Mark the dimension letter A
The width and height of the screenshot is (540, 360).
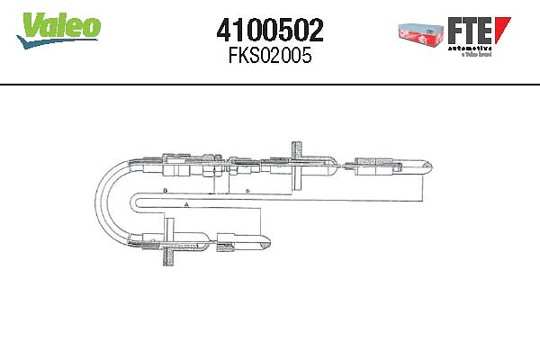[184, 206]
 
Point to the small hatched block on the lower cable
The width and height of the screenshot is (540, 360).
[222, 240]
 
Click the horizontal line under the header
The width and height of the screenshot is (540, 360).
[270, 85]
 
